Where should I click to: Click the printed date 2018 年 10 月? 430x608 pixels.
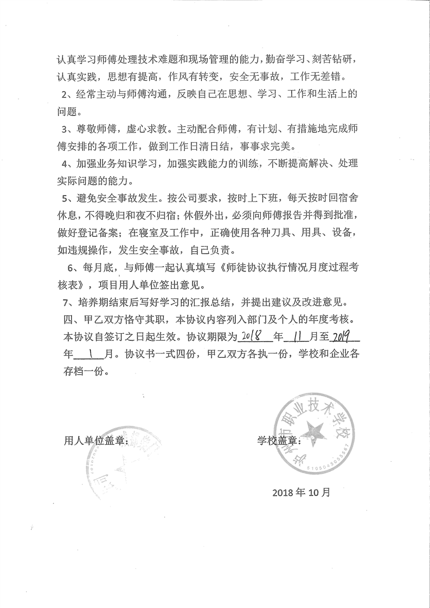pyautogui.click(x=301, y=493)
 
